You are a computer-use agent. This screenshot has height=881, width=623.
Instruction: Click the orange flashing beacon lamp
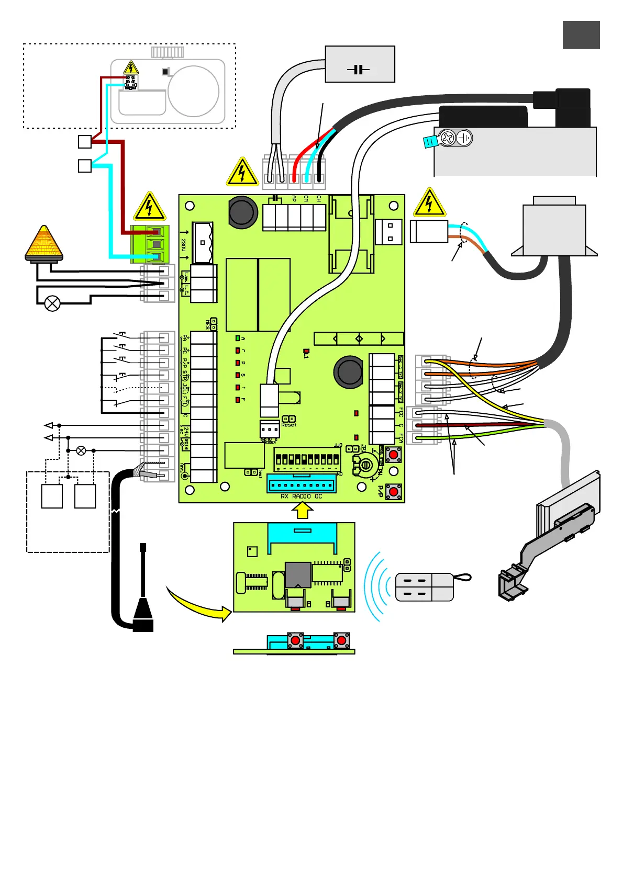click(44, 244)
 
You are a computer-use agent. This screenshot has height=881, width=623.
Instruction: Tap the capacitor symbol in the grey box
click(359, 69)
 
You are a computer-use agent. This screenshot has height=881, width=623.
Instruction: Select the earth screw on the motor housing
click(448, 138)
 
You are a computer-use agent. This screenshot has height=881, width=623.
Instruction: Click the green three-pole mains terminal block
click(150, 244)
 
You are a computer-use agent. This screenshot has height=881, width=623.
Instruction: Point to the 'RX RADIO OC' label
click(301, 496)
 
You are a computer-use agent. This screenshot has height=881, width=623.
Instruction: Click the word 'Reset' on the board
click(288, 425)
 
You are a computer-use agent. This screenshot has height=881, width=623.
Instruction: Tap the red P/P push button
click(394, 492)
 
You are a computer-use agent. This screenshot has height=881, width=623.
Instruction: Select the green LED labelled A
click(237, 338)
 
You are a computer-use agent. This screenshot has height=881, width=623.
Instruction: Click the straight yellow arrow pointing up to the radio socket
click(302, 511)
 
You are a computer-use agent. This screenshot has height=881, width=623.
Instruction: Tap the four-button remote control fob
click(425, 587)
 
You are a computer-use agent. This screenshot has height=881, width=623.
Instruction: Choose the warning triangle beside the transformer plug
click(429, 204)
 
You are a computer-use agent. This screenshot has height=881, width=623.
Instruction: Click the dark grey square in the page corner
click(581, 35)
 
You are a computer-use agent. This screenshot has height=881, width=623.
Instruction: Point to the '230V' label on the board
click(183, 244)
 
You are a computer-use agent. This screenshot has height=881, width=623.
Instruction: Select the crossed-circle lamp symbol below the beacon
click(52, 303)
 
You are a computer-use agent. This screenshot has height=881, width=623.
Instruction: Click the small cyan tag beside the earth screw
click(430, 141)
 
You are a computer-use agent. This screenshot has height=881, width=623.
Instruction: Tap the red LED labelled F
click(237, 400)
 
